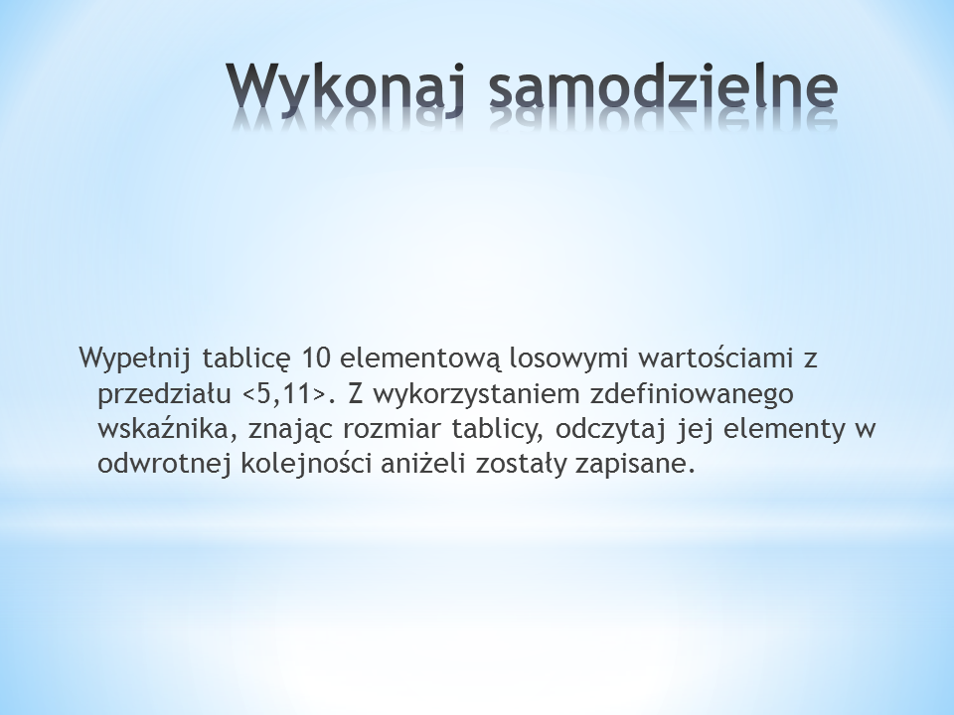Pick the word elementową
click(x=419, y=358)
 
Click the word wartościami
click(x=716, y=358)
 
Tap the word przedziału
click(x=164, y=394)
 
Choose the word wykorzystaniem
click(x=476, y=394)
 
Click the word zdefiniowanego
click(x=692, y=394)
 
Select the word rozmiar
click(x=393, y=429)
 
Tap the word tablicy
click(x=498, y=429)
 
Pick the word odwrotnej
click(x=164, y=464)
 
